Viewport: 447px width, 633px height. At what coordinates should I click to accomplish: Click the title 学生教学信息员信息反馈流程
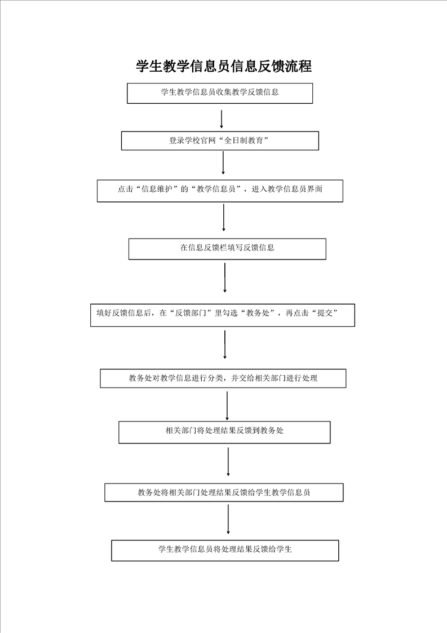pyautogui.click(x=223, y=66)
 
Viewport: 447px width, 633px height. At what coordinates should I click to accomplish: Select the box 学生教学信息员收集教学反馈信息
pyautogui.click(x=220, y=93)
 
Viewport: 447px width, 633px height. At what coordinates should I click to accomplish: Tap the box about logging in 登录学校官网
pyautogui.click(x=220, y=140)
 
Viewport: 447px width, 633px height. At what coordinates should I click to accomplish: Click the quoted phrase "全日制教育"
pyautogui.click(x=243, y=140)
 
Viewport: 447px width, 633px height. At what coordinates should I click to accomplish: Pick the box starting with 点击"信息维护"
pyautogui.click(x=220, y=191)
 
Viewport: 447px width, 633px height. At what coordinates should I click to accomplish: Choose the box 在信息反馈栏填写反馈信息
pyautogui.click(x=227, y=249)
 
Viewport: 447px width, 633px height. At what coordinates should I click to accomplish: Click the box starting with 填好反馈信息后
pyautogui.click(x=223, y=315)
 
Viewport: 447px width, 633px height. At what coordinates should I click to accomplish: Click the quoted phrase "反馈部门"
pyautogui.click(x=191, y=313)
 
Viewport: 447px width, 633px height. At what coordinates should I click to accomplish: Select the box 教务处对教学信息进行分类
pyautogui.click(x=223, y=378)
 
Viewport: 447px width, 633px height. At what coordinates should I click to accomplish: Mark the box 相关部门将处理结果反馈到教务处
pyautogui.click(x=224, y=432)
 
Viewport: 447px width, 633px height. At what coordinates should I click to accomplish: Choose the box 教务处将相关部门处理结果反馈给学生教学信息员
pyautogui.click(x=224, y=493)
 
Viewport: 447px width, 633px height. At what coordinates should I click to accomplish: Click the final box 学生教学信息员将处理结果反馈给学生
pyautogui.click(x=225, y=550)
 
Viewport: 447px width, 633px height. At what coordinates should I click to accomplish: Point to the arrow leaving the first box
pyautogui.click(x=221, y=118)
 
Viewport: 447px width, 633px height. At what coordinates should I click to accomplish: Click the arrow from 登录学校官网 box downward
pyautogui.click(x=223, y=162)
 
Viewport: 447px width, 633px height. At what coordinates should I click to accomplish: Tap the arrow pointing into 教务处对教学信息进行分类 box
pyautogui.click(x=225, y=344)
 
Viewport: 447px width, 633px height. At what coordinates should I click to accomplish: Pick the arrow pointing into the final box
pyautogui.click(x=228, y=519)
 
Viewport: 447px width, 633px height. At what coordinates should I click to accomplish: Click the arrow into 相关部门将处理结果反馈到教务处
pyautogui.click(x=227, y=406)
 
